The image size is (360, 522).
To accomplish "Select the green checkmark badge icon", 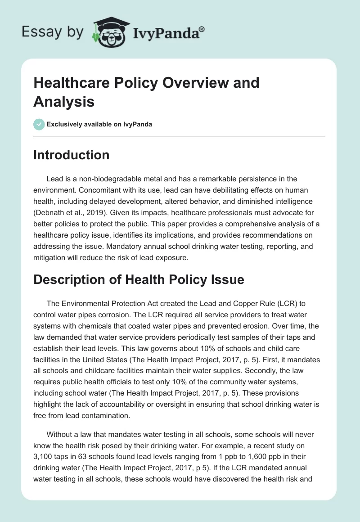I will tap(39, 124).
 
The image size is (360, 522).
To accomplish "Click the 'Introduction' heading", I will tap(71, 155).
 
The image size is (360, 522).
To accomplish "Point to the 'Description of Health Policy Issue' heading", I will tap(139, 279).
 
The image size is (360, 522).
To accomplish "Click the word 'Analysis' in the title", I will tap(64, 101).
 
